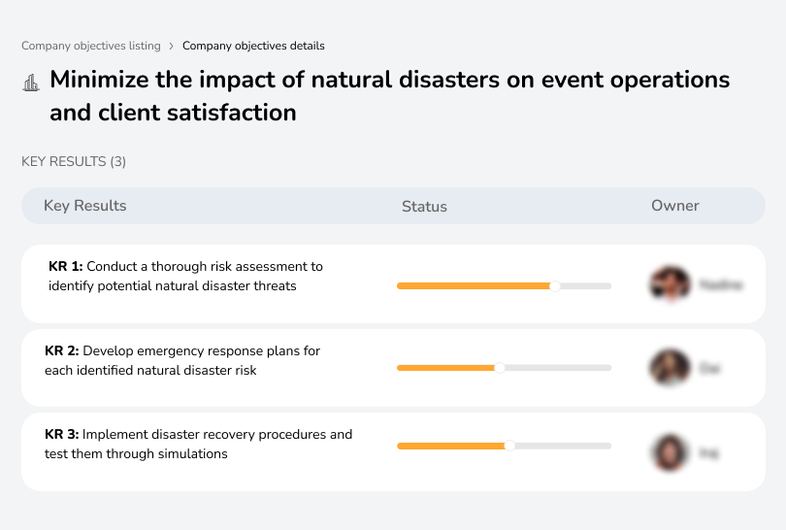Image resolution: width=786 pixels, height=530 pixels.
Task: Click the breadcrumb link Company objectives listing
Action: (91, 46)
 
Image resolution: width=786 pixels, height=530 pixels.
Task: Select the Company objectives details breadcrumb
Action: (253, 46)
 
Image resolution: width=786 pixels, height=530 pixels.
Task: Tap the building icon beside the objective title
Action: (31, 83)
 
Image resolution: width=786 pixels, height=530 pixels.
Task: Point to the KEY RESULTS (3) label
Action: (74, 161)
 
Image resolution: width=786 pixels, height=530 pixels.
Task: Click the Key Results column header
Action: (85, 206)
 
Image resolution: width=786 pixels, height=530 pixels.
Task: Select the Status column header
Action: (424, 206)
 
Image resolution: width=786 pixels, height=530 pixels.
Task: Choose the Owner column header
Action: (675, 206)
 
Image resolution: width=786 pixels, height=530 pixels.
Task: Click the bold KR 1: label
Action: (66, 266)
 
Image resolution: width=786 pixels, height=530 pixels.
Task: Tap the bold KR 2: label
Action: (63, 350)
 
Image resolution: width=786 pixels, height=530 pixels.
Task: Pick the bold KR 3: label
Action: (63, 434)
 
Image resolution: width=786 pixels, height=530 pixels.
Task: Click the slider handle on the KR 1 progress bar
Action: (555, 285)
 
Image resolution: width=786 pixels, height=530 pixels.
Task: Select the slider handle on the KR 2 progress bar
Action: (500, 368)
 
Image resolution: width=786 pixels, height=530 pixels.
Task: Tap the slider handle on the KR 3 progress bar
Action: (509, 446)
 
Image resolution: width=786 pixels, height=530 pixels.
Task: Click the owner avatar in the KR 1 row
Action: (670, 284)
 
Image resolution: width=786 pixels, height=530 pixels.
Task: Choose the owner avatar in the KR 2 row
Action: (670, 368)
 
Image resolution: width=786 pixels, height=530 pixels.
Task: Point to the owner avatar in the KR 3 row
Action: (670, 452)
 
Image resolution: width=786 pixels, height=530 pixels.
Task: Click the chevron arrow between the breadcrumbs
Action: (172, 46)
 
